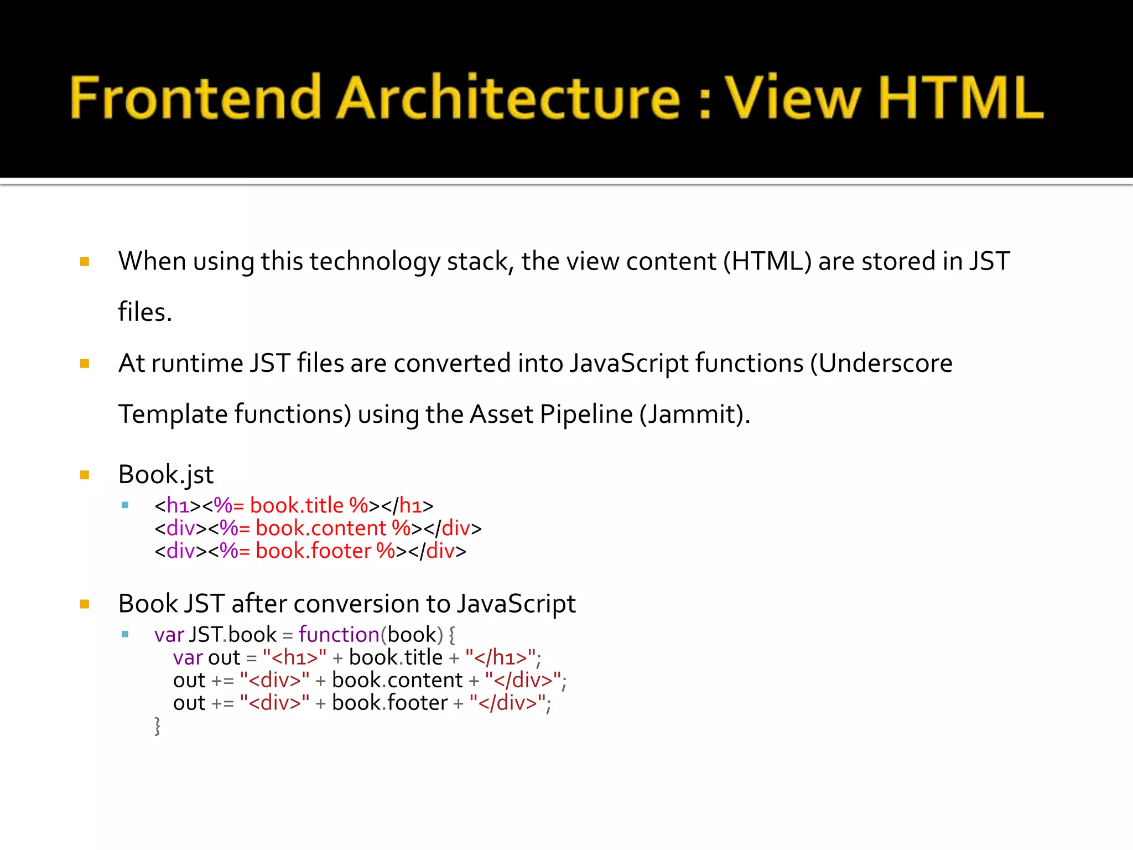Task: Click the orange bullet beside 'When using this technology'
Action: pyautogui.click(x=85, y=262)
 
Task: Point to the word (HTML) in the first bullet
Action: pyautogui.click(x=767, y=261)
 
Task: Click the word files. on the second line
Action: pyautogui.click(x=145, y=312)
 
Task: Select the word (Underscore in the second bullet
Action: pyautogui.click(x=881, y=364)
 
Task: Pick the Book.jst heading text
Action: pyautogui.click(x=165, y=475)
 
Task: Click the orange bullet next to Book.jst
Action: pyautogui.click(x=85, y=475)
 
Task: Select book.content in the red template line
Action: pyautogui.click(x=320, y=528)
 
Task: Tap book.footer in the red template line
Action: pyautogui.click(x=313, y=551)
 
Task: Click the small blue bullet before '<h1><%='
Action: pyautogui.click(x=125, y=505)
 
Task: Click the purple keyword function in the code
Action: pyautogui.click(x=339, y=635)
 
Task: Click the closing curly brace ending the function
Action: pyautogui.click(x=157, y=725)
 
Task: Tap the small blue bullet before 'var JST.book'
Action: pyautogui.click(x=125, y=634)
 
